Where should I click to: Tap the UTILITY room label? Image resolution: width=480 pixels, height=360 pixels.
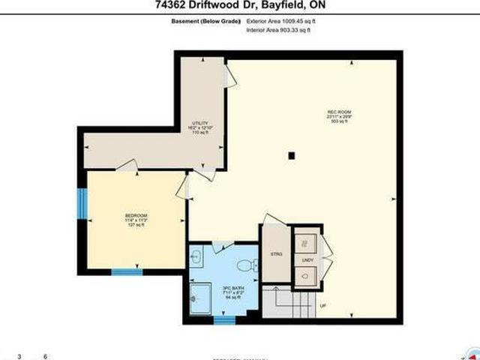coord(200,123)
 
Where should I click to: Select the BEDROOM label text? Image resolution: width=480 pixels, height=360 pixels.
coord(136,216)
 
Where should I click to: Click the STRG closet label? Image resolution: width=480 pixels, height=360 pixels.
coord(272,252)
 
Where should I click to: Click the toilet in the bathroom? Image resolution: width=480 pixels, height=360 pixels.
coord(249,264)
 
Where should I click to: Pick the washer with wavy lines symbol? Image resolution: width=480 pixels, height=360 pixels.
coord(306,244)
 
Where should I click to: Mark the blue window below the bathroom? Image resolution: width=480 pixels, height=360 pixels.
coord(223,319)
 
